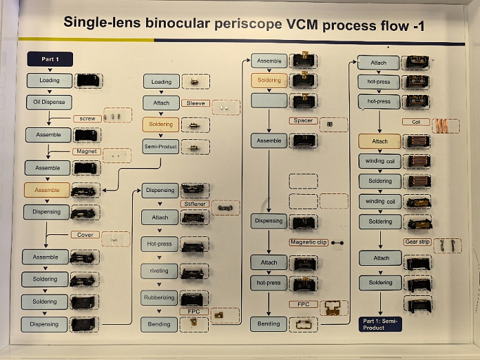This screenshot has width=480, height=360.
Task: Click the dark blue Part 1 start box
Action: (x=50, y=59)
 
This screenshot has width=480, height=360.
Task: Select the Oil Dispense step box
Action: (x=49, y=102)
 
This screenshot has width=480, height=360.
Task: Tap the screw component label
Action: (x=87, y=118)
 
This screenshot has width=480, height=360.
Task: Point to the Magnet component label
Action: (x=87, y=151)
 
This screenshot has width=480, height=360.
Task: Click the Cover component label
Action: (x=84, y=235)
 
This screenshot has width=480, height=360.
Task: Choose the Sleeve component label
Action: (x=195, y=103)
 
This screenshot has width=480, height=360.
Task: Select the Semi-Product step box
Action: (x=161, y=146)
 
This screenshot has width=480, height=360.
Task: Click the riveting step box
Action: (x=160, y=271)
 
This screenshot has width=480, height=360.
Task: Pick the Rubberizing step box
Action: (x=160, y=297)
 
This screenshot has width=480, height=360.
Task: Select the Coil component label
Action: (x=416, y=122)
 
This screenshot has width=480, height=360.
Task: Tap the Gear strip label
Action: (x=417, y=242)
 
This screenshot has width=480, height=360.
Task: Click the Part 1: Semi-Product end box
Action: (x=380, y=323)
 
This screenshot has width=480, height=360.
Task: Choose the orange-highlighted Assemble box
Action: (x=47, y=190)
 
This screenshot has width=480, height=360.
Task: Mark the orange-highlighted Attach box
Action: (x=380, y=141)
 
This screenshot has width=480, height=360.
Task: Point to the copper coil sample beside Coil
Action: (x=446, y=125)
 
